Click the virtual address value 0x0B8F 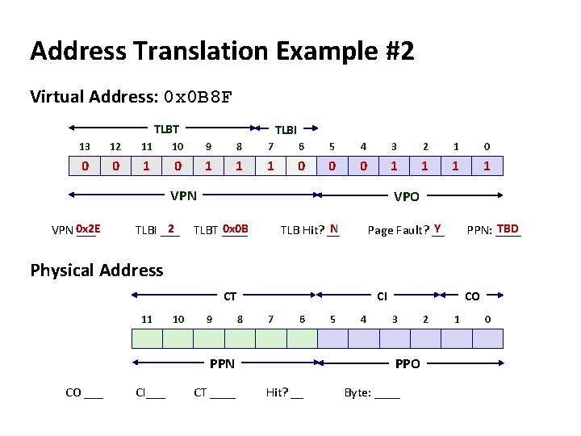pyautogui.click(x=198, y=98)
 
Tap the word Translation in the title pyautogui.click(x=198, y=52)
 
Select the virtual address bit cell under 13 pyautogui.click(x=85, y=166)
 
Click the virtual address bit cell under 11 pyautogui.click(x=146, y=166)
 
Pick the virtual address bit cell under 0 pyautogui.click(x=487, y=166)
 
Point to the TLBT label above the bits pyautogui.click(x=166, y=128)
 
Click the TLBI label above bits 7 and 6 pyautogui.click(x=286, y=129)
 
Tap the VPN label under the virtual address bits pyautogui.click(x=183, y=195)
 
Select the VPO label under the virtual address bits pyautogui.click(x=406, y=195)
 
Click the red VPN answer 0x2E pyautogui.click(x=88, y=228)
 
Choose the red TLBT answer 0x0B pyautogui.click(x=235, y=228)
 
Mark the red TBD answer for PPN pyautogui.click(x=508, y=228)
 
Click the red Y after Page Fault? pyautogui.click(x=437, y=228)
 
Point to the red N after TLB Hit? pyautogui.click(x=333, y=228)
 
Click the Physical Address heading pyautogui.click(x=97, y=270)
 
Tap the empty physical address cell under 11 pyautogui.click(x=146, y=337)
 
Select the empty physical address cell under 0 pyautogui.click(x=487, y=337)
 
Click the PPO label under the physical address pyautogui.click(x=407, y=364)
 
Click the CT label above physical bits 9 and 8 pyautogui.click(x=230, y=297)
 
